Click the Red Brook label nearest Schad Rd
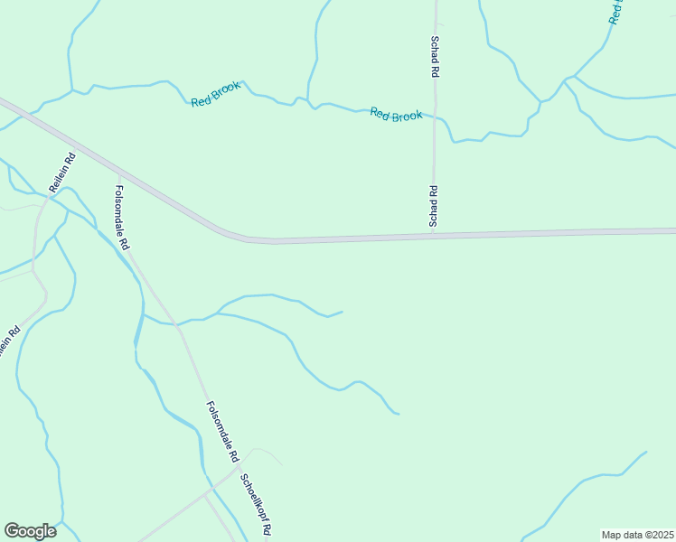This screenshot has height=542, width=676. pos(396,115)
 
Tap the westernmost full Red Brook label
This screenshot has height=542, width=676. pos(215,94)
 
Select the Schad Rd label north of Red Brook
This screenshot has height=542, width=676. pos(435,57)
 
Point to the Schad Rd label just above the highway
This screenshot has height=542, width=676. pos(434,206)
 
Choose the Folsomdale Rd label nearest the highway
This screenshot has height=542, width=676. pos(122,218)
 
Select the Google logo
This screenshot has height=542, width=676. pos(30,531)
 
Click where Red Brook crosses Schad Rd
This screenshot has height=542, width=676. pos(435,117)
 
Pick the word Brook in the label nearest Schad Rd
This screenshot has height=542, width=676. pos(408,116)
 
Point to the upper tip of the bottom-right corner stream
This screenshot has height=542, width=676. pos(646,452)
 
